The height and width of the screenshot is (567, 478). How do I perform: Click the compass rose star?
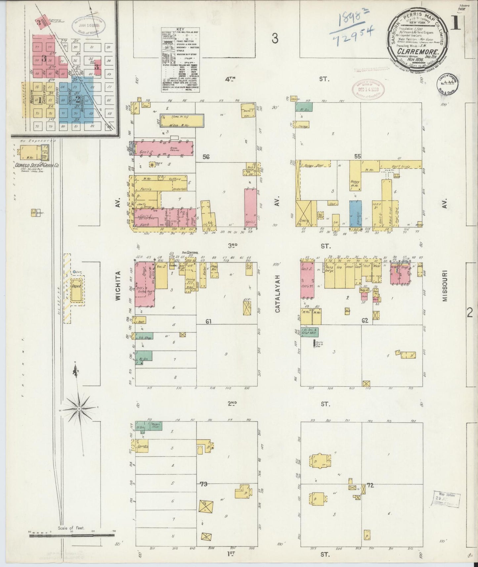(x=80, y=409)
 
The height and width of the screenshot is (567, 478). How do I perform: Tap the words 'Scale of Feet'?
(x=71, y=528)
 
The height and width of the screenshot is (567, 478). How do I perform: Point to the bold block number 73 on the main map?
(x=203, y=484)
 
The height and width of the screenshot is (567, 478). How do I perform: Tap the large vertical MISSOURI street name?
(x=445, y=286)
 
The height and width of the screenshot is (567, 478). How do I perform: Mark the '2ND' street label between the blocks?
(x=232, y=403)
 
